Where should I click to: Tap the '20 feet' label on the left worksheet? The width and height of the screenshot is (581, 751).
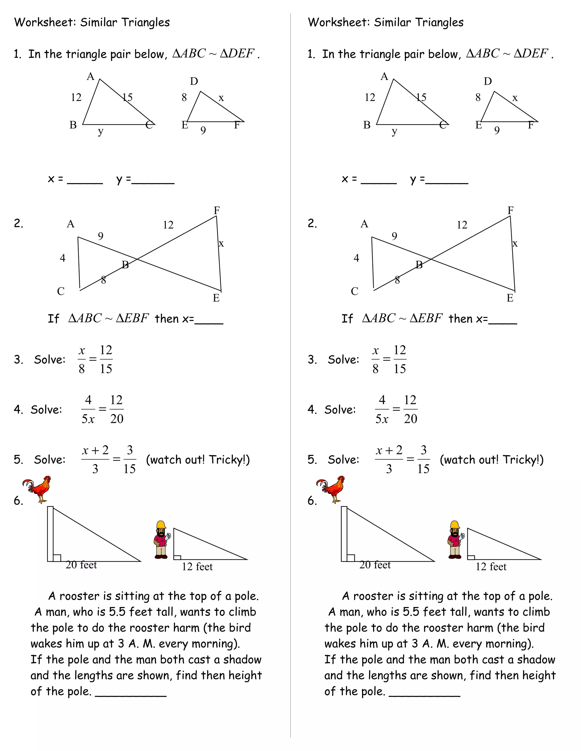(81, 565)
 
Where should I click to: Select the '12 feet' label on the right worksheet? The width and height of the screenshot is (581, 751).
(491, 567)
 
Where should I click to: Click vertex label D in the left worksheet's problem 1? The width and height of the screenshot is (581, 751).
(194, 82)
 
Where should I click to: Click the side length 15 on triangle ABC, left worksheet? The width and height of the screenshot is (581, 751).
(127, 97)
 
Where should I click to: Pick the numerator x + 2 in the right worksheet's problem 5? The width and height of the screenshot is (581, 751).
(389, 450)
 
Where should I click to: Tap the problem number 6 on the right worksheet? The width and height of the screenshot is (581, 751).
(312, 501)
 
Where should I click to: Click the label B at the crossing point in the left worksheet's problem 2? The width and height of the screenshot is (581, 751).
(125, 265)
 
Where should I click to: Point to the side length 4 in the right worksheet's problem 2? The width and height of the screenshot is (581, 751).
(356, 258)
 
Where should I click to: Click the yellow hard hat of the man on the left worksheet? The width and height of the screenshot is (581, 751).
(161, 524)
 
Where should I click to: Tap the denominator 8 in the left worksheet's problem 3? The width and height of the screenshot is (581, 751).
(82, 369)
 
